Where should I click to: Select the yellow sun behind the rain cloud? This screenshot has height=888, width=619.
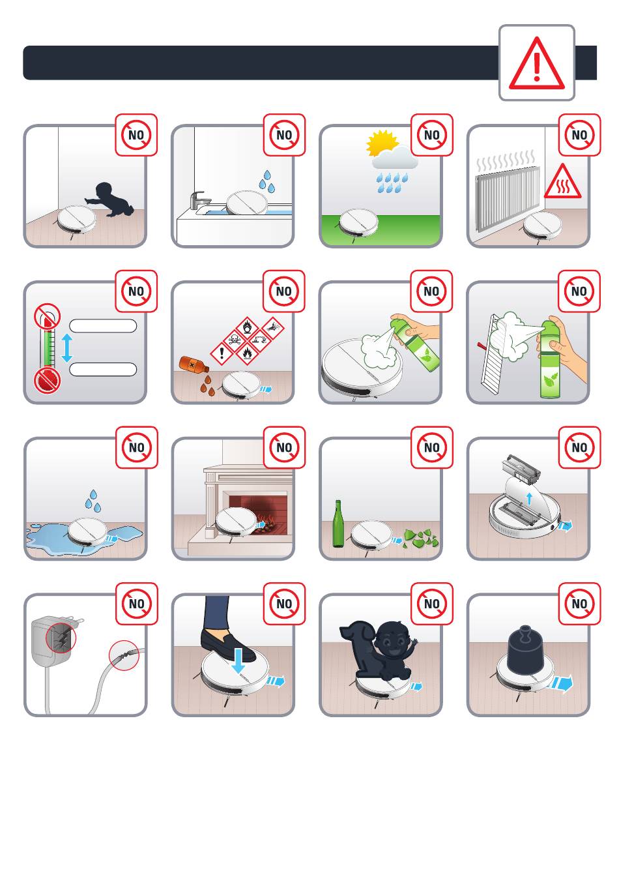[380, 143]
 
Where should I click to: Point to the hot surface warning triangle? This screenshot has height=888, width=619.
[562, 181]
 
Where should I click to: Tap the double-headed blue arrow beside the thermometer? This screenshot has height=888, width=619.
[66, 348]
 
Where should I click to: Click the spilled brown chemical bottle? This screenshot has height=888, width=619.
[194, 364]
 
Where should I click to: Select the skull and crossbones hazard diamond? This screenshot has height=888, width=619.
[234, 340]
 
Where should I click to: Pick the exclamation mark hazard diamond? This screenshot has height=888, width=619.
[221, 353]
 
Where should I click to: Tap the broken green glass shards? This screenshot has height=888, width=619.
[420, 539]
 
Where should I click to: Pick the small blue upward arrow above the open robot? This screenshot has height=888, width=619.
[529, 498]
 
